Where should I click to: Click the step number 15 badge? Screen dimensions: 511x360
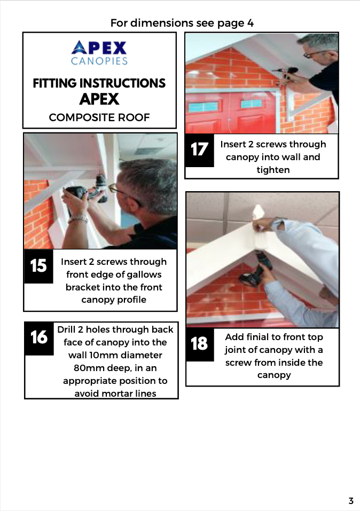pyautogui.click(x=39, y=265)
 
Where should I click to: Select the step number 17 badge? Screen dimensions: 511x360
pyautogui.click(x=199, y=149)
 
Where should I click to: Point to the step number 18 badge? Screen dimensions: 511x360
pyautogui.click(x=199, y=343)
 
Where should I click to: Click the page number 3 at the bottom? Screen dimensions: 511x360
pyautogui.click(x=351, y=501)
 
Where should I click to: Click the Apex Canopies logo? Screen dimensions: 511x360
pyautogui.click(x=99, y=52)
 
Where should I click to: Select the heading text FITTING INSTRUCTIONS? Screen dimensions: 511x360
pyautogui.click(x=99, y=83)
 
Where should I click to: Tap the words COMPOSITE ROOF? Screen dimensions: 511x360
pyautogui.click(x=99, y=117)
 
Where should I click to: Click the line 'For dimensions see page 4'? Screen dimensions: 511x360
pyautogui.click(x=182, y=23)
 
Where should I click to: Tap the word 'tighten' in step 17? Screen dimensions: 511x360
pyautogui.click(x=273, y=170)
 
